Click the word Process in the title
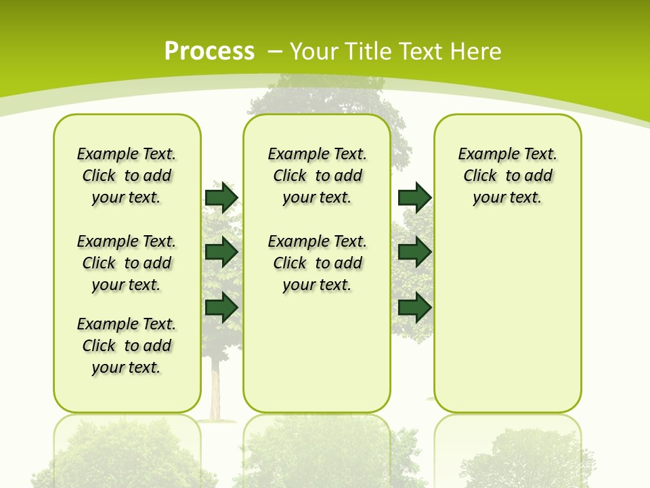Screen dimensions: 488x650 [209, 51]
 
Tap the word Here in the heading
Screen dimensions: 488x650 [476, 51]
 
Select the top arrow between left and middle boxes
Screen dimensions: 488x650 [221, 197]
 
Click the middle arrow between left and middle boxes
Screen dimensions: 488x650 [221, 252]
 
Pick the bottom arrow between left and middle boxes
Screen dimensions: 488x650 [221, 307]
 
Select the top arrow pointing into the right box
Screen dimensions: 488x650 [414, 197]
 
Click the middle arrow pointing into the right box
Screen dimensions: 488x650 [414, 252]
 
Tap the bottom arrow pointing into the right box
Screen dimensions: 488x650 [414, 307]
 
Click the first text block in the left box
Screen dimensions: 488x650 [127, 176]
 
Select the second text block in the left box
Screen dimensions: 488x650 [127, 263]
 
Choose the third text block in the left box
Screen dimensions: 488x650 [127, 346]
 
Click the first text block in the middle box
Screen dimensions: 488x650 [317, 176]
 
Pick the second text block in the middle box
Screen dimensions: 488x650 [317, 263]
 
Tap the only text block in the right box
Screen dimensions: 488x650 [507, 176]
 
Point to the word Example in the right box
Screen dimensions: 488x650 [484, 155]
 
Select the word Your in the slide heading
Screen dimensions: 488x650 [314, 51]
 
